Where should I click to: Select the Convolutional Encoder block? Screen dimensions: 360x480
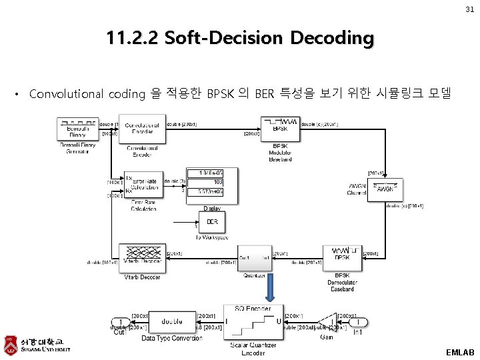(x=141, y=129)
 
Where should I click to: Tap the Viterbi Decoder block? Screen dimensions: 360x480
(x=142, y=257)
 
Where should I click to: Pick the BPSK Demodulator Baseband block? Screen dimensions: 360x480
(x=342, y=256)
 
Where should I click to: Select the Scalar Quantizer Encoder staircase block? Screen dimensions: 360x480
(x=254, y=323)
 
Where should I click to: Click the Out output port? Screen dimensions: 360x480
(x=119, y=322)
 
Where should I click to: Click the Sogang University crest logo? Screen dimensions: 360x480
(x=10, y=344)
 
